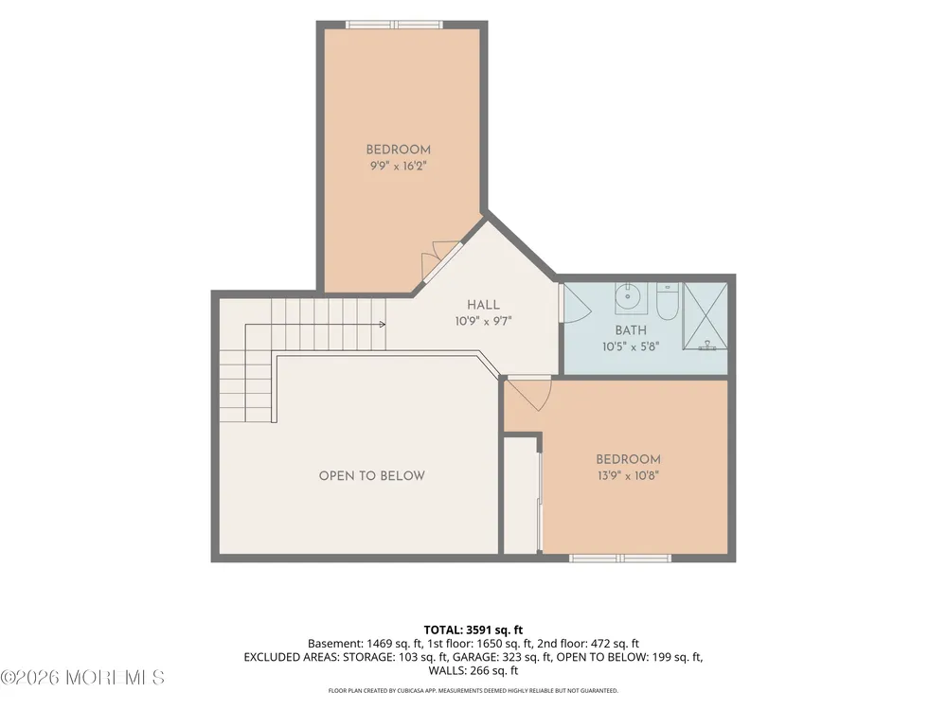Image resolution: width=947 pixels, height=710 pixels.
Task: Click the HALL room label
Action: (x=483, y=305)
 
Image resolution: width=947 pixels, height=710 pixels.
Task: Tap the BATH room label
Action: (x=631, y=330)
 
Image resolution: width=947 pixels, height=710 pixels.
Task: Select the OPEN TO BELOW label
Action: (x=371, y=476)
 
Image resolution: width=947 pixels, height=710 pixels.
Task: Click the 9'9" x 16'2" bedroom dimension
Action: (x=399, y=166)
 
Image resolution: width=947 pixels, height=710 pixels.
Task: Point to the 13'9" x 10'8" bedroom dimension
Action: (x=628, y=475)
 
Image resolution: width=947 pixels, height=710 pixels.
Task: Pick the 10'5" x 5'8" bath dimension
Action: (x=631, y=346)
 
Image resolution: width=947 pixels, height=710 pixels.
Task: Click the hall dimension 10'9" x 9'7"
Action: (x=483, y=321)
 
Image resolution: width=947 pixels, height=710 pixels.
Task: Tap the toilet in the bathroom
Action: (x=668, y=301)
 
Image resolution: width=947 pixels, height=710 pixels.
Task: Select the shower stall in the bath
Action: (x=705, y=316)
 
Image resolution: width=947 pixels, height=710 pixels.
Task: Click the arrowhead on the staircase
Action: (x=383, y=324)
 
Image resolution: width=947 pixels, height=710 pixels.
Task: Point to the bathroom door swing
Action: (x=576, y=303)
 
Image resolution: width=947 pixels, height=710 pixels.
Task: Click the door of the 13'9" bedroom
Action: (x=528, y=393)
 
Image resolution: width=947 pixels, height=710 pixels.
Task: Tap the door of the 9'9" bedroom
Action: (x=440, y=261)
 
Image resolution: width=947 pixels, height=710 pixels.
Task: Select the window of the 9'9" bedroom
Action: (x=394, y=25)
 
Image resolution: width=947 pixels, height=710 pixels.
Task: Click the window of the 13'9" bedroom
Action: (x=620, y=558)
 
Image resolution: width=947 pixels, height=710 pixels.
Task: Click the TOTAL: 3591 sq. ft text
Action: (x=473, y=630)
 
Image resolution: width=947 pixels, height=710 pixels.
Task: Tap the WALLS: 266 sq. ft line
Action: (x=473, y=670)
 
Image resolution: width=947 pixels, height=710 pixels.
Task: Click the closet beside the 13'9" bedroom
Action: (x=521, y=495)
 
